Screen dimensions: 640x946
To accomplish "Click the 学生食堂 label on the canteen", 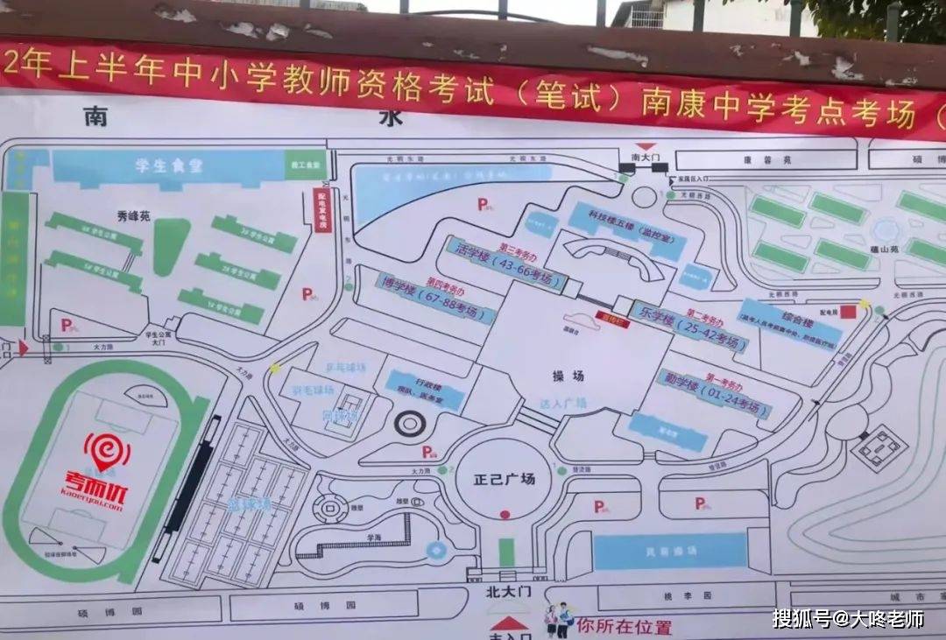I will pyautogui.click(x=168, y=166).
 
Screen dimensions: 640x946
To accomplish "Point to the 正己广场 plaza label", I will pyautogui.click(x=504, y=480).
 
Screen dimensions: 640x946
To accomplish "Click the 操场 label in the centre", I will pyautogui.click(x=568, y=376).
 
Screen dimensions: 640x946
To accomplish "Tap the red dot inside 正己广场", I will pyautogui.click(x=504, y=515).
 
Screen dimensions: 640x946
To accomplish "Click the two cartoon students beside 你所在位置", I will pyautogui.click(x=557, y=621).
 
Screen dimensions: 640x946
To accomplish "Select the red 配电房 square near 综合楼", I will pyautogui.click(x=847, y=311).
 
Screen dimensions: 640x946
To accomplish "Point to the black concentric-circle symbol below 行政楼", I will pyautogui.click(x=409, y=425).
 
